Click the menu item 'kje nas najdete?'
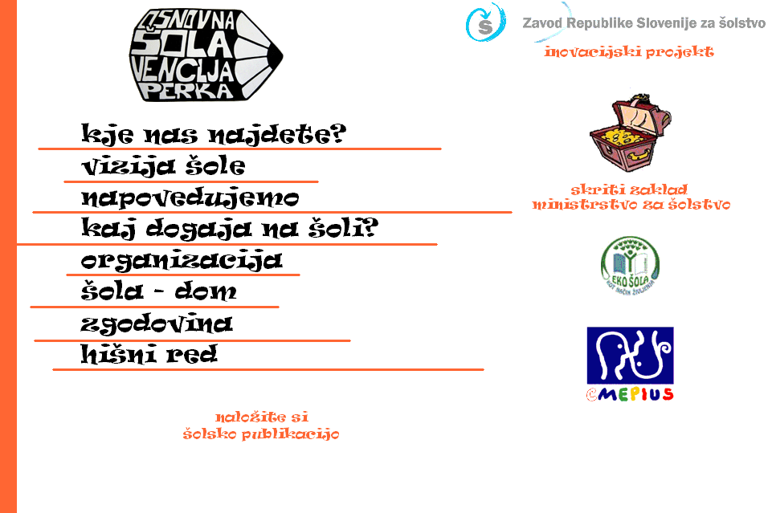(x=213, y=134)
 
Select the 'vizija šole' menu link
(x=163, y=166)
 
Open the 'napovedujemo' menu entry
(x=190, y=197)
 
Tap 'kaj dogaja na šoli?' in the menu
(x=230, y=229)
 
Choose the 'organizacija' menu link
(x=182, y=260)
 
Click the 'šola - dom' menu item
(x=159, y=291)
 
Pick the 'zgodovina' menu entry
(x=157, y=324)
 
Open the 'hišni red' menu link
(x=149, y=354)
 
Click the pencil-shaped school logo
(x=206, y=55)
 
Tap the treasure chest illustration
(x=629, y=132)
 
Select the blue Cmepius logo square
(x=630, y=354)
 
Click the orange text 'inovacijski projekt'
(x=629, y=52)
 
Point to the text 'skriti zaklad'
(x=629, y=190)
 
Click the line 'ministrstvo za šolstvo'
(x=631, y=205)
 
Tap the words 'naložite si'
(x=262, y=417)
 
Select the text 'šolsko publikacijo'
(x=261, y=434)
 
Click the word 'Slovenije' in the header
(x=643, y=23)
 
